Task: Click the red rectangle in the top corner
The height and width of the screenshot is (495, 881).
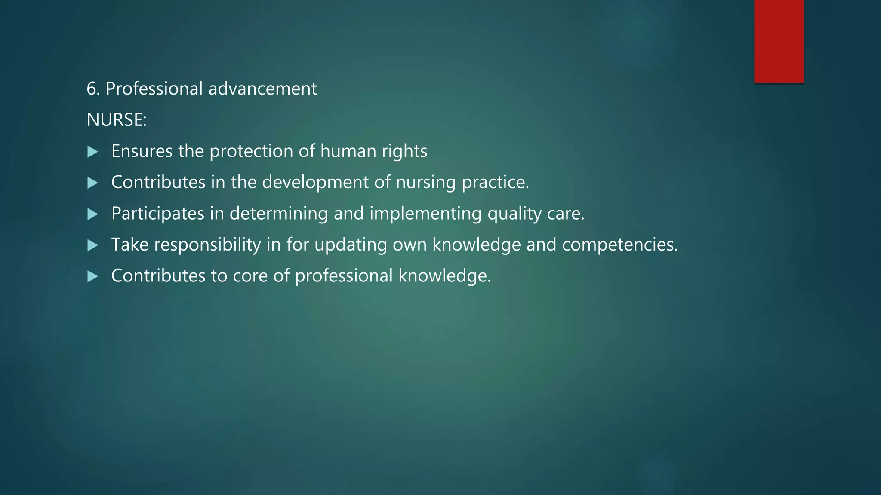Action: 779,41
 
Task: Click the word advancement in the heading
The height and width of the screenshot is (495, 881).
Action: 262,89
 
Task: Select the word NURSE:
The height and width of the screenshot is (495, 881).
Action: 117,120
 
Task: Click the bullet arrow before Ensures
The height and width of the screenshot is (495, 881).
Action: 92,152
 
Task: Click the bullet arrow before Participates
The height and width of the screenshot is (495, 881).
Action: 92,214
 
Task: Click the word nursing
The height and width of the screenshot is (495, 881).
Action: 426,183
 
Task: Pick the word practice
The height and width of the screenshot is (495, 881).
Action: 495,183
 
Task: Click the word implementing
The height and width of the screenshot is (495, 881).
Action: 425,214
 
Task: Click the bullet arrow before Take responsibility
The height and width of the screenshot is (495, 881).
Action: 92,245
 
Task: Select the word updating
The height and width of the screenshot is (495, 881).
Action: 351,245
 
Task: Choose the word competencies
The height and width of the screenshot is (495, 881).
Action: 619,245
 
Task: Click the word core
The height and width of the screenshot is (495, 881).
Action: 250,276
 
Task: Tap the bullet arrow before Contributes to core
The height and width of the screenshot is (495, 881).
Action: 92,276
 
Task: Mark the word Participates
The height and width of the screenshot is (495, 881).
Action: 157,214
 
